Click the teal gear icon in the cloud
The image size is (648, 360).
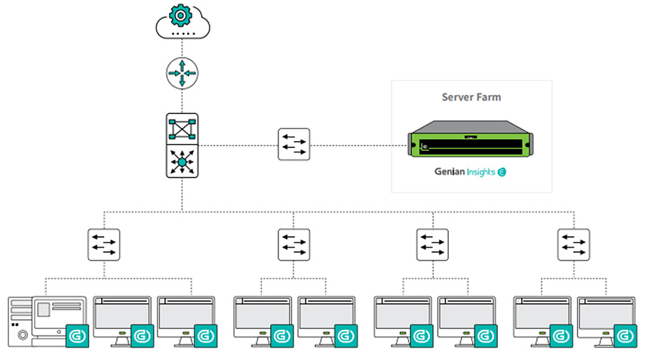180,15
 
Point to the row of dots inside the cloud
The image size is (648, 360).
183,33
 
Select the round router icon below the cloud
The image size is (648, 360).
183,73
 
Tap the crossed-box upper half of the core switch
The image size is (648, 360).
183,129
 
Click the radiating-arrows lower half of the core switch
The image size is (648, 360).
183,162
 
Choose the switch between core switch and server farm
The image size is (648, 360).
294,144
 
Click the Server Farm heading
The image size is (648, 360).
471,97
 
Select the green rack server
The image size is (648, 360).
470,139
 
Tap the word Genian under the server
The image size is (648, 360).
449,171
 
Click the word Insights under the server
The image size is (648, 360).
481,172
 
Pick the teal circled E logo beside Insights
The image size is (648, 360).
502,172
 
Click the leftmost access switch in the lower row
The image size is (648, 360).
104,245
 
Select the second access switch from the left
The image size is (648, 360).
294,245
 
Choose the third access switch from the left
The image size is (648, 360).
432,245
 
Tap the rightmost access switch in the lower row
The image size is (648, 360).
573,245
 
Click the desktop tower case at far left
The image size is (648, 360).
20,322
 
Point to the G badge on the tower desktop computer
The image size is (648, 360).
77,336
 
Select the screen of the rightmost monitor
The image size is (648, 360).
607,314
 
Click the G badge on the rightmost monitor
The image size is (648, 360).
625,336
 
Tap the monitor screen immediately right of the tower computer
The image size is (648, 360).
122,314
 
